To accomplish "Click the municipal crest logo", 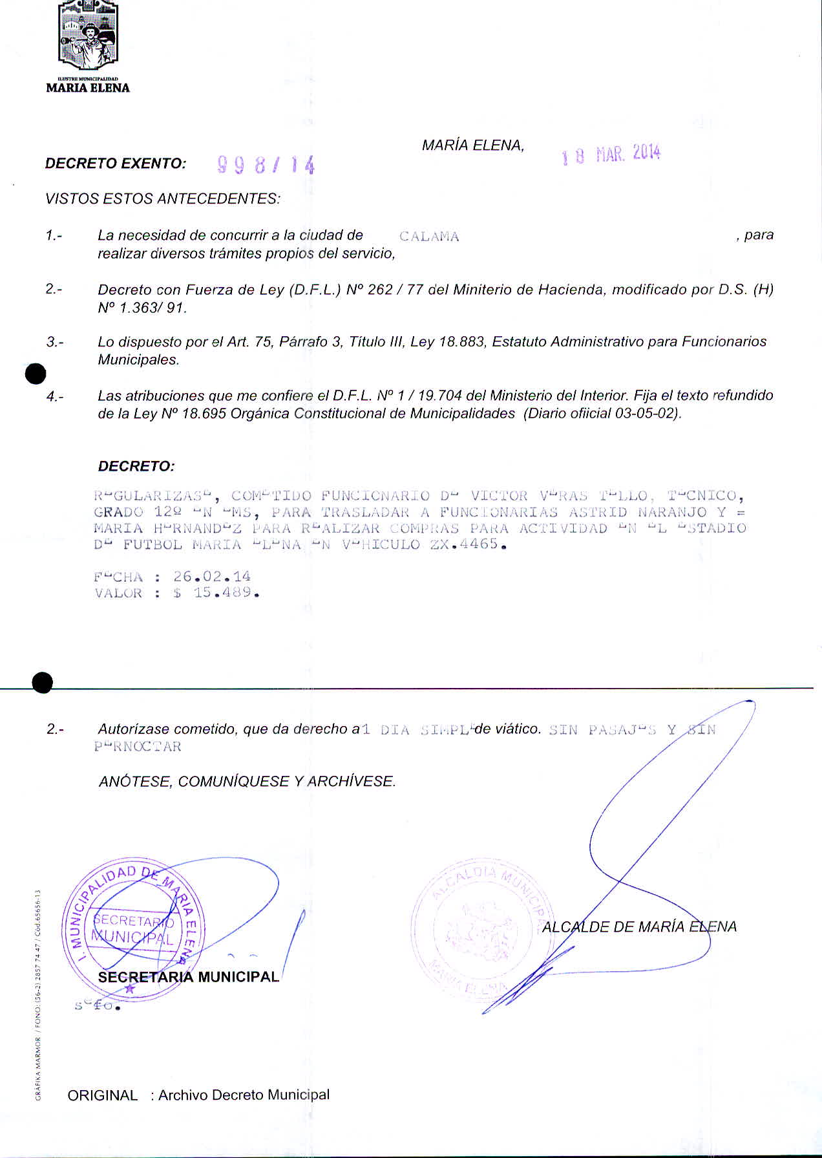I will click(x=88, y=36).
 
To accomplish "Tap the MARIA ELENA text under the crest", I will click(x=88, y=88).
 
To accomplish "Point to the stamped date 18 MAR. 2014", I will click(x=611, y=154).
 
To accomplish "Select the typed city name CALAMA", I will click(x=429, y=237).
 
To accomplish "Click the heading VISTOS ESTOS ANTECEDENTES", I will click(x=163, y=198).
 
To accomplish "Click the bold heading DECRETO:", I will click(x=136, y=466).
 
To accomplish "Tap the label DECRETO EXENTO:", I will click(x=116, y=164).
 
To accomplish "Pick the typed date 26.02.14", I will click(x=212, y=576).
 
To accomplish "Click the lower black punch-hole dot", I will click(x=43, y=682).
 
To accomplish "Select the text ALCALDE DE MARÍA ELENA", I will click(x=639, y=927).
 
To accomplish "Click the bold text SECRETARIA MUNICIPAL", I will click(x=188, y=976).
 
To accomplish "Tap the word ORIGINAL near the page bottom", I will click(x=103, y=1095).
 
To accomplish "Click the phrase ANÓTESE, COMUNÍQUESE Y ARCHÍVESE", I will click(x=247, y=781).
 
